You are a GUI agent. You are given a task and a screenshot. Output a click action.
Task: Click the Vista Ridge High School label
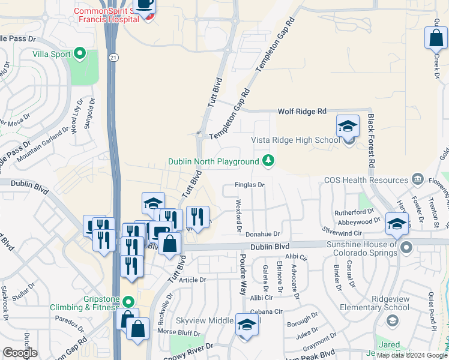pyautogui.click(x=295, y=140)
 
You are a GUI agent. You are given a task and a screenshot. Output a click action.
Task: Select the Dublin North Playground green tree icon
pyautogui.click(x=268, y=161)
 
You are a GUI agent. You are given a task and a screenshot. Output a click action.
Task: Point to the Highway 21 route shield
pyautogui.click(x=113, y=57)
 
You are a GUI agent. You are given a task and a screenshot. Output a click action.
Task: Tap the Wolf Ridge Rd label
pyautogui.click(x=301, y=112)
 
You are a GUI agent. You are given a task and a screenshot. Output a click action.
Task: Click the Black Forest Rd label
pyautogui.click(x=372, y=140)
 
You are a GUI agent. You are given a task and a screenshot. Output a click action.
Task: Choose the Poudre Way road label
pyautogui.click(x=243, y=274)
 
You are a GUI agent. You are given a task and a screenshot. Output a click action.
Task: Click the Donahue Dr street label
pyautogui.click(x=263, y=234)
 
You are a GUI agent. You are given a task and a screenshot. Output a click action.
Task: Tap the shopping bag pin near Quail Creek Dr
pyautogui.click(x=435, y=39)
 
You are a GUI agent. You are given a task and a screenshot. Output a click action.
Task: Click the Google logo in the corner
pyautogui.click(x=19, y=353)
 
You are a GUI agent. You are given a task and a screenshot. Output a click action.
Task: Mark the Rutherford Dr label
pyautogui.click(x=354, y=212)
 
